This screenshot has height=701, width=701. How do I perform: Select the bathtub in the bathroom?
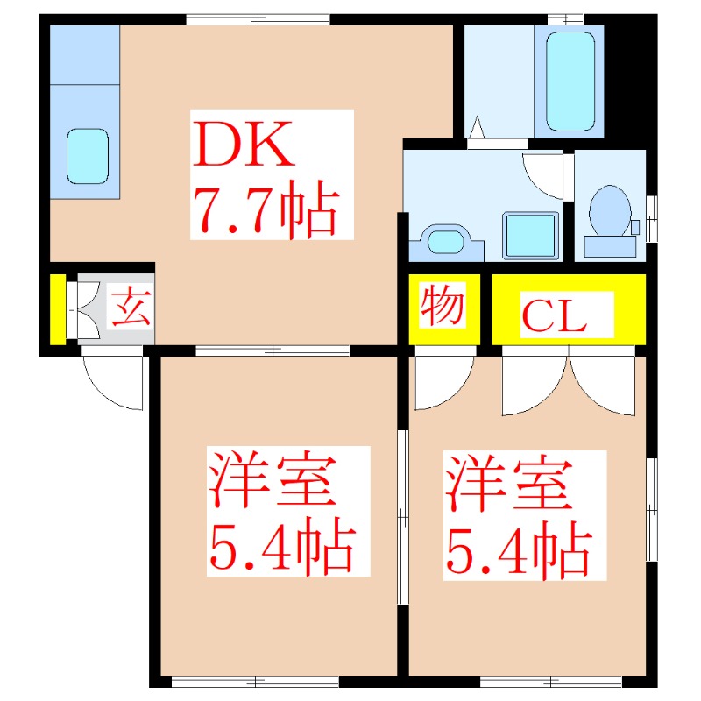pos(570,81)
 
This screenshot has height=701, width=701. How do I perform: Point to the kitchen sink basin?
pos(88,155)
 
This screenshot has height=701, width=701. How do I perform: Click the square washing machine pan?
pos(531,234)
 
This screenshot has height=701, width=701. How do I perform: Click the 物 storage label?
pos(443,307)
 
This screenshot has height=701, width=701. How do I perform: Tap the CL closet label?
pos(554,316)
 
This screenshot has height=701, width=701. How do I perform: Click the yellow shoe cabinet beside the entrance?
pos(58,309)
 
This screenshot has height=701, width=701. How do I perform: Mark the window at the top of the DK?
pos(258,18)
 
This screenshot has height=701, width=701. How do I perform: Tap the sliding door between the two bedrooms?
pos(402,517)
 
